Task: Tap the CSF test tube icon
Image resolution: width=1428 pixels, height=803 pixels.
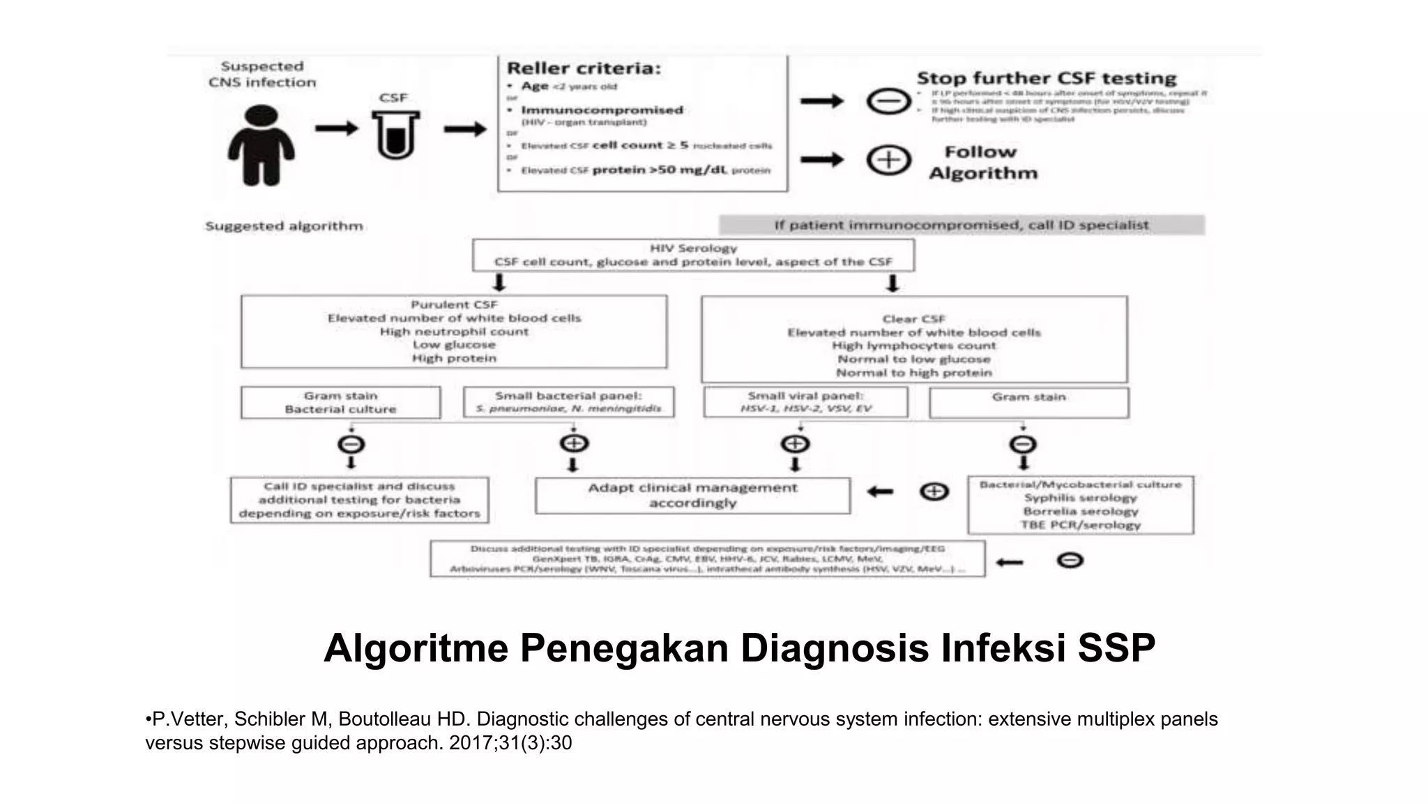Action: point(395,135)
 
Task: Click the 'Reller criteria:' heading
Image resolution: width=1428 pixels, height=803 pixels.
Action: point(583,68)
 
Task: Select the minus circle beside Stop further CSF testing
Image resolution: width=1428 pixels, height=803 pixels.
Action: point(888,102)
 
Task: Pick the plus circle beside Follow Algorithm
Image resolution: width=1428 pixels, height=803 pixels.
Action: point(888,160)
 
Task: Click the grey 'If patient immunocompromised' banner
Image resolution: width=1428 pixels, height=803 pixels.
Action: point(961,225)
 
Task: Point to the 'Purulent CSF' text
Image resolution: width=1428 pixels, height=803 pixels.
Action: point(454,305)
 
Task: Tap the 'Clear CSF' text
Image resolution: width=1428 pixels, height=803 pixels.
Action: point(913,319)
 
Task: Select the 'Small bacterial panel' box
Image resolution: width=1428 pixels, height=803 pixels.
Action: point(568,402)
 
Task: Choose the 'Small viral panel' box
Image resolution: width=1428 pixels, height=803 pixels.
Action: point(805,402)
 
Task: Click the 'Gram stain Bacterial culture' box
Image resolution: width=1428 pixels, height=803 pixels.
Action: point(340,402)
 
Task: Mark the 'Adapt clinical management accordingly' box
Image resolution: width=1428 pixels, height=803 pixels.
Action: point(692,496)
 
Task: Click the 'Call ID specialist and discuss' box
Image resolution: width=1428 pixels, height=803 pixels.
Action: point(359,500)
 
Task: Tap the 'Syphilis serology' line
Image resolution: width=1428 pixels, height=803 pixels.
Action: point(1080,498)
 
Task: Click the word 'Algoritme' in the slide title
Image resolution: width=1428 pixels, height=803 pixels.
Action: point(416,648)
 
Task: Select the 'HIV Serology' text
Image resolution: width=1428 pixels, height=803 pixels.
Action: point(693,248)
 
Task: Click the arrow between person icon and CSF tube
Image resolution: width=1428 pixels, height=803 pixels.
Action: point(336,128)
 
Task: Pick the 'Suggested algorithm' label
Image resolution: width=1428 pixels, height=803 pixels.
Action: point(284,226)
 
